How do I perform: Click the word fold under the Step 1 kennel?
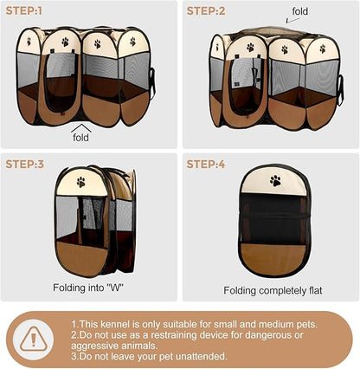[81, 138]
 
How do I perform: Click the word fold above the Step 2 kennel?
[299, 11]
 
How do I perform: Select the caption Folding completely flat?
[273, 290]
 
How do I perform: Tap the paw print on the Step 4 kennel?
[275, 181]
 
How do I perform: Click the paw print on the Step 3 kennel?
[81, 182]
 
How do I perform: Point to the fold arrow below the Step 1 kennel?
[81, 126]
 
